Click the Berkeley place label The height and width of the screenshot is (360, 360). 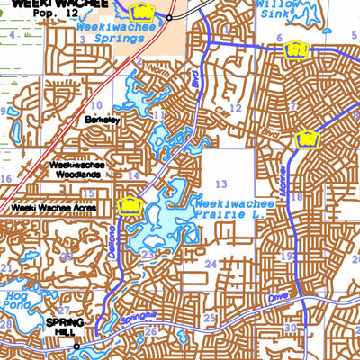point(102,119)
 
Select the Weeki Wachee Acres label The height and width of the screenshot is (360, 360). point(55,206)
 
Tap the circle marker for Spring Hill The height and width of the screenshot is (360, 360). point(76,346)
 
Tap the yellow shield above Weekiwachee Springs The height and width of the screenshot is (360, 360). point(141,12)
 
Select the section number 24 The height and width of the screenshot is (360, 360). point(211,263)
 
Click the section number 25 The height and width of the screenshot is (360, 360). point(210,318)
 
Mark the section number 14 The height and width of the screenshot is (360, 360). point(133,175)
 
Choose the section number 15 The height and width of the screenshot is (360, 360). point(88,192)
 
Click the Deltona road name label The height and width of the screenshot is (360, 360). point(112,241)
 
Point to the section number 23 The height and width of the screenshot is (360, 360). point(146,256)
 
